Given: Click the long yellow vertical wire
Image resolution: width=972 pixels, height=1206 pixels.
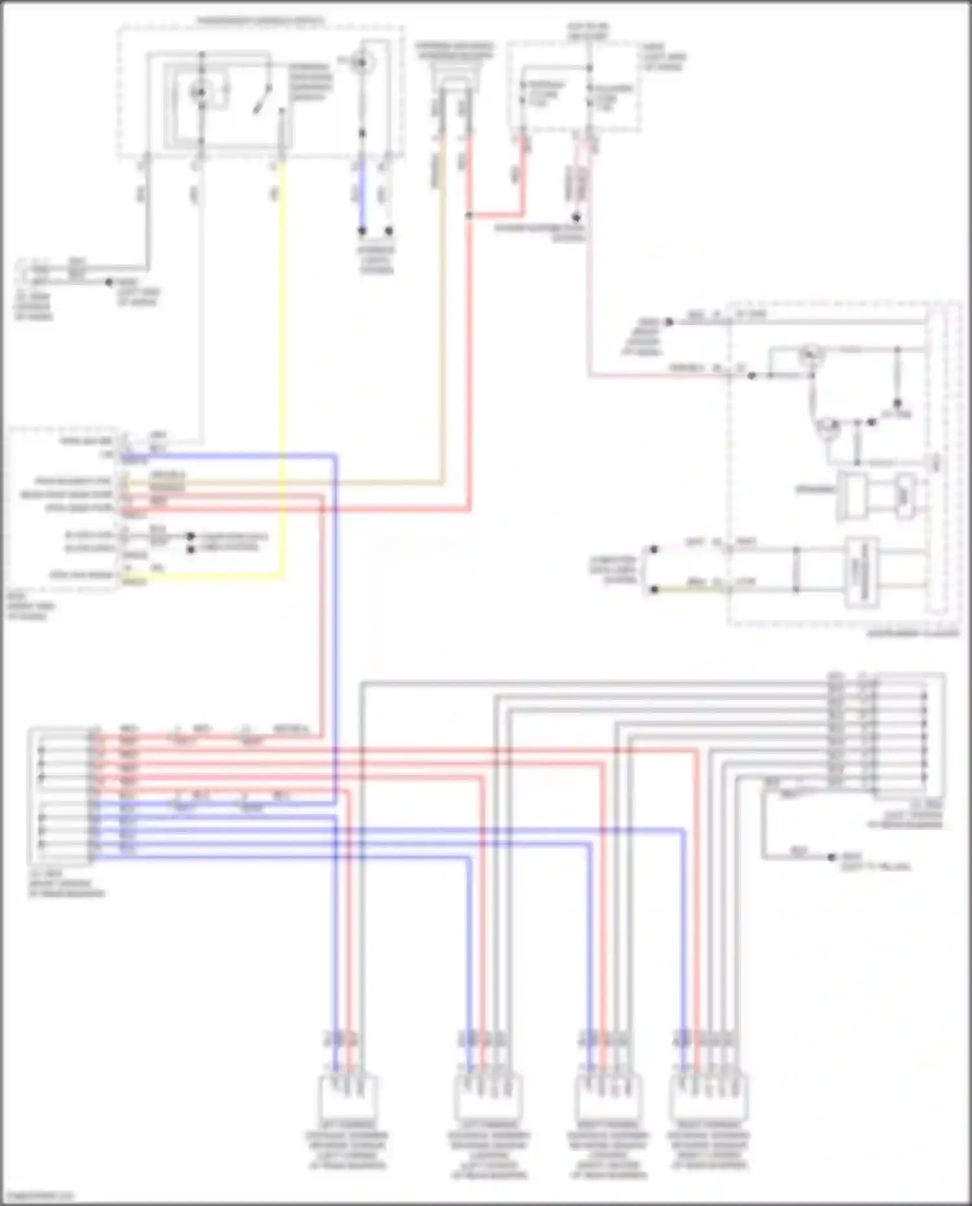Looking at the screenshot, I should [283, 363].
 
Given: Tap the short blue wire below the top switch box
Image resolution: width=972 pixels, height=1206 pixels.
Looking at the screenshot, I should [362, 194].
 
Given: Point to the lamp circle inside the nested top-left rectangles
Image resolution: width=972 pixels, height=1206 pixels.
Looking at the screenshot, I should [200, 93].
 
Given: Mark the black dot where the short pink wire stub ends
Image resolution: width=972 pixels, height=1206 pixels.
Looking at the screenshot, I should [575, 218].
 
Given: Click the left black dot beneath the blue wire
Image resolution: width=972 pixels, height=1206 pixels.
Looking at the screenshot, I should [362, 231].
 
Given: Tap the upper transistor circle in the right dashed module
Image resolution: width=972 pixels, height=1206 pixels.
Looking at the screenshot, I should [809, 354].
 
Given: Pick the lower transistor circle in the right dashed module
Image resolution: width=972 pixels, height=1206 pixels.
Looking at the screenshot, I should [827, 426].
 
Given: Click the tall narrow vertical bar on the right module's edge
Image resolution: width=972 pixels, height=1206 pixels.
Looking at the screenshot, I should [935, 460].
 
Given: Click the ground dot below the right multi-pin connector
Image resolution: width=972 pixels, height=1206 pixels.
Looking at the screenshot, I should [833, 857].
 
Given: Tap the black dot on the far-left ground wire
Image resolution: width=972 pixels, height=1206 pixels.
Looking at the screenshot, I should [109, 283].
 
